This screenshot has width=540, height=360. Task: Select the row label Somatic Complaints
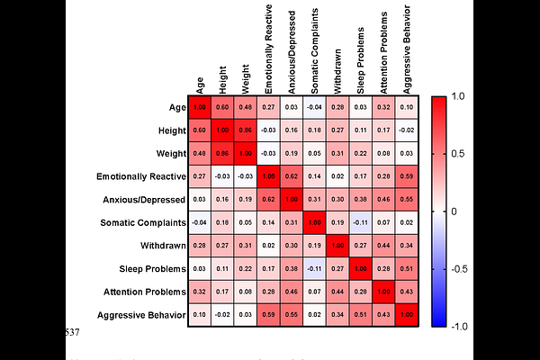(x=137, y=222)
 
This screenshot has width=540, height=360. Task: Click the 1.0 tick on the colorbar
(x=458, y=95)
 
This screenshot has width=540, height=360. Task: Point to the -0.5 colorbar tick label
(x=461, y=269)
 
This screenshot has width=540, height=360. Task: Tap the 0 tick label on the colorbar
(x=454, y=211)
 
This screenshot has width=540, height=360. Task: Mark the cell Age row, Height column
(x=222, y=107)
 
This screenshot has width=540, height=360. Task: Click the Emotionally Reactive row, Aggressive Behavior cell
(x=407, y=176)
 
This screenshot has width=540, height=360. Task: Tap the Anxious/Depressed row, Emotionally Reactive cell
(x=268, y=200)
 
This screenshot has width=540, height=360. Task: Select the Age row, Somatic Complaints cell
(x=314, y=107)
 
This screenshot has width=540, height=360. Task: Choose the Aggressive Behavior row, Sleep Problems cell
(x=360, y=315)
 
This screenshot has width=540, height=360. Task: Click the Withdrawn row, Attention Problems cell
(x=383, y=246)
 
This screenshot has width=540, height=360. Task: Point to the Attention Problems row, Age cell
(x=199, y=292)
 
